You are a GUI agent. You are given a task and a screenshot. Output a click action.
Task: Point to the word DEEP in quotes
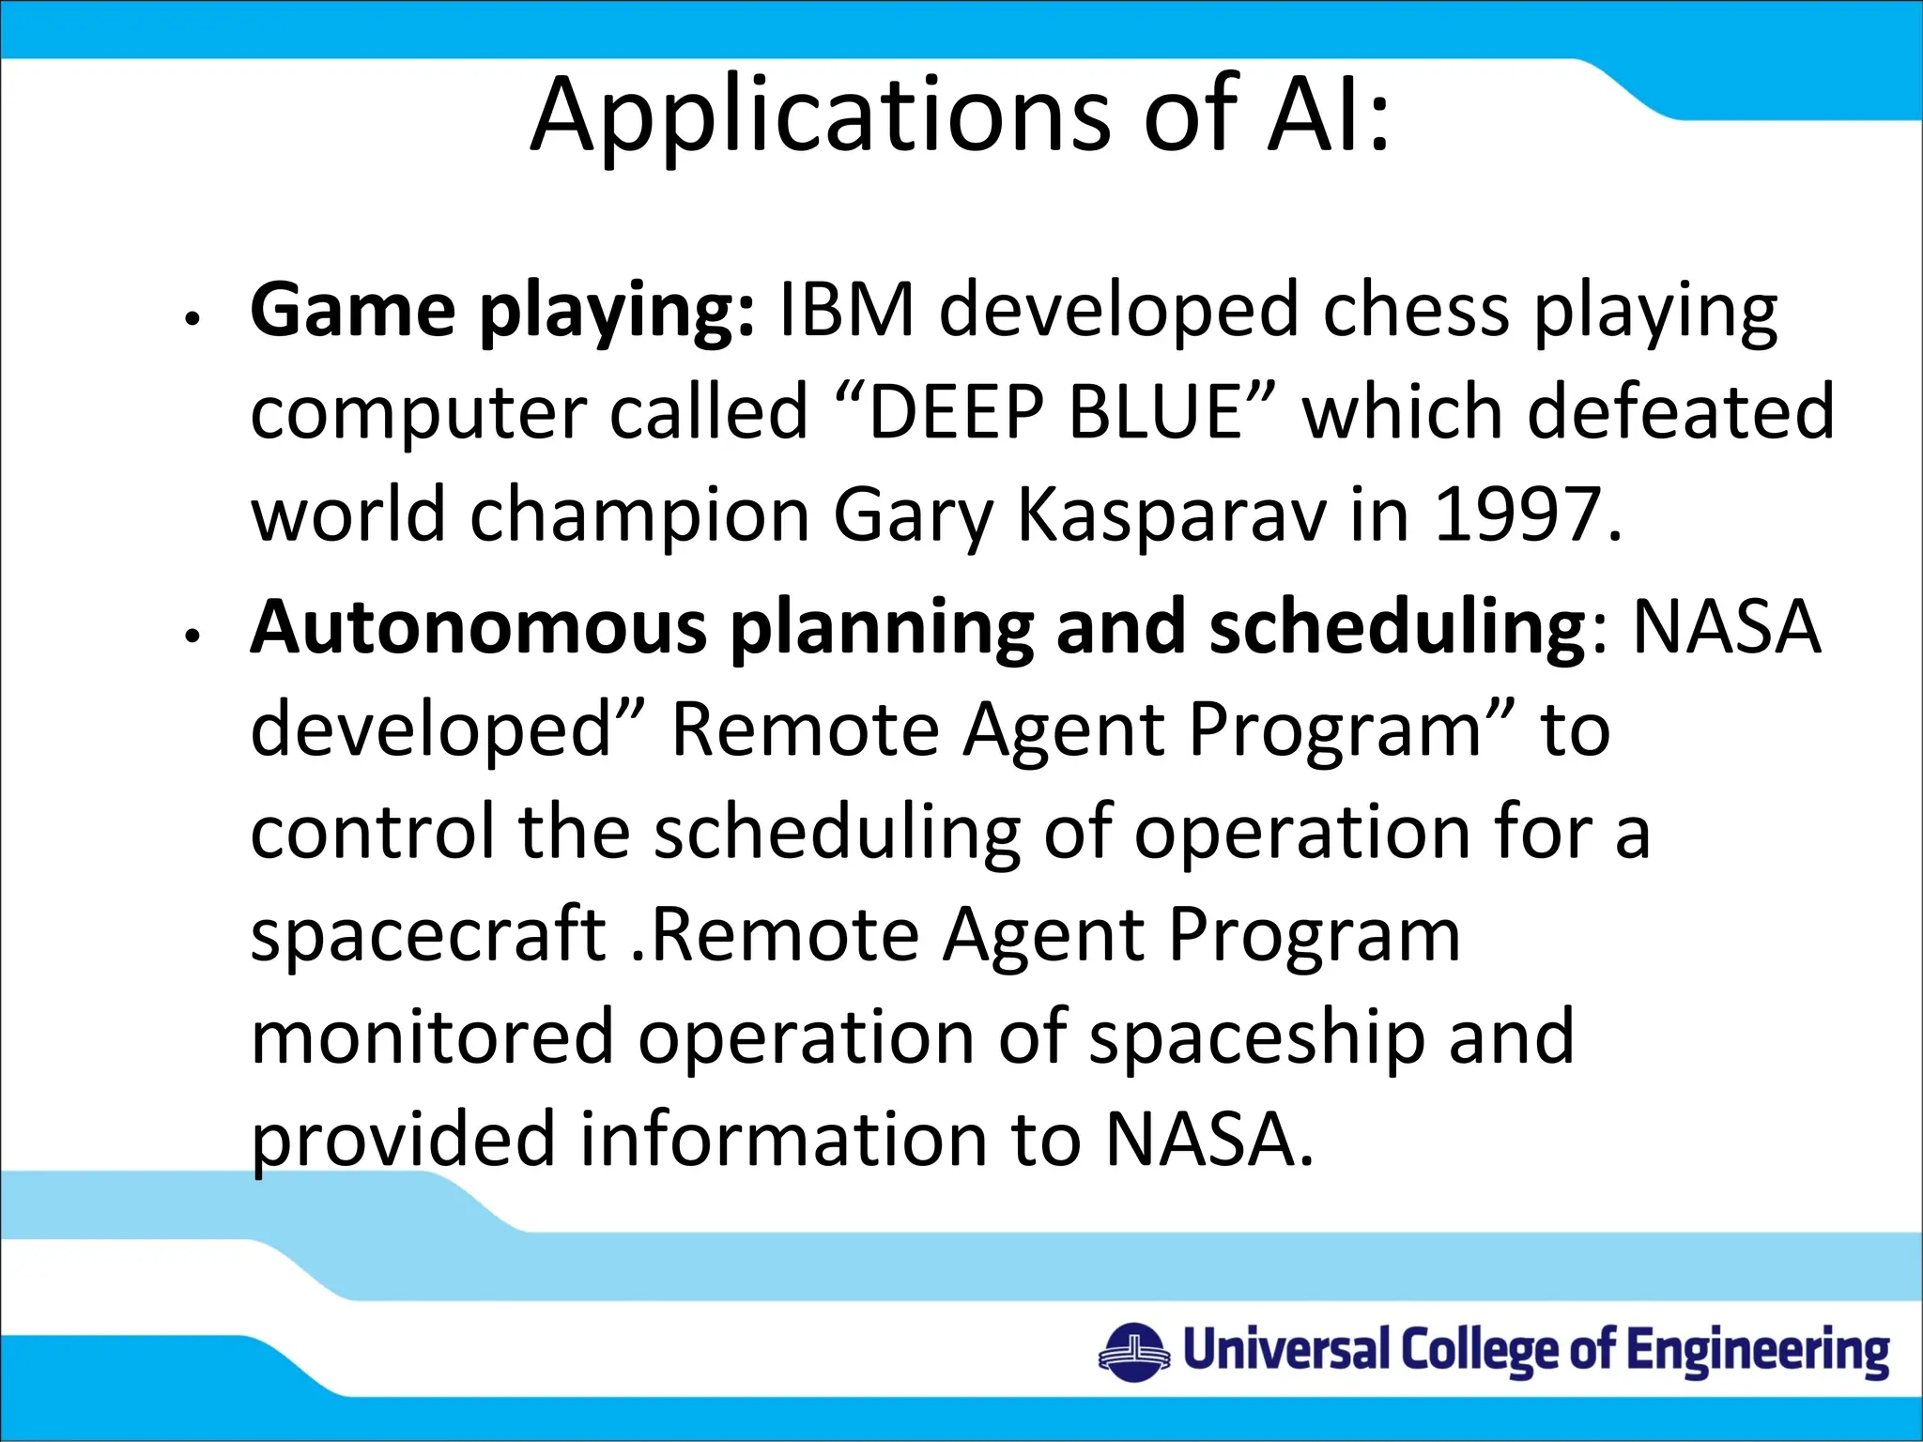(956, 412)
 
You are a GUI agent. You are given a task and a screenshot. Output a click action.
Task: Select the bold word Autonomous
(478, 626)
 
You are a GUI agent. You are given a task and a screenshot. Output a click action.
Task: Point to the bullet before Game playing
(192, 319)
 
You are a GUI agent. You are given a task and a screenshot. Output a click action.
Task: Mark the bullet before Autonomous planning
(192, 637)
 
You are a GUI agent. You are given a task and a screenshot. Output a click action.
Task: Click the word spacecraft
(428, 935)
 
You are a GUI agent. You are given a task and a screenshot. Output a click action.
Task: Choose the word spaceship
(1257, 1038)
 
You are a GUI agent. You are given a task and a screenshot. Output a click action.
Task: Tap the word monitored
(432, 1036)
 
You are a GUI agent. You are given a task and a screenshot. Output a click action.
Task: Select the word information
(783, 1140)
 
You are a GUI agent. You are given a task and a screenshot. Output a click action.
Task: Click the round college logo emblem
(1134, 1353)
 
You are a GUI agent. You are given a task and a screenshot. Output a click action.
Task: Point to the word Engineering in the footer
(1758, 1352)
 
